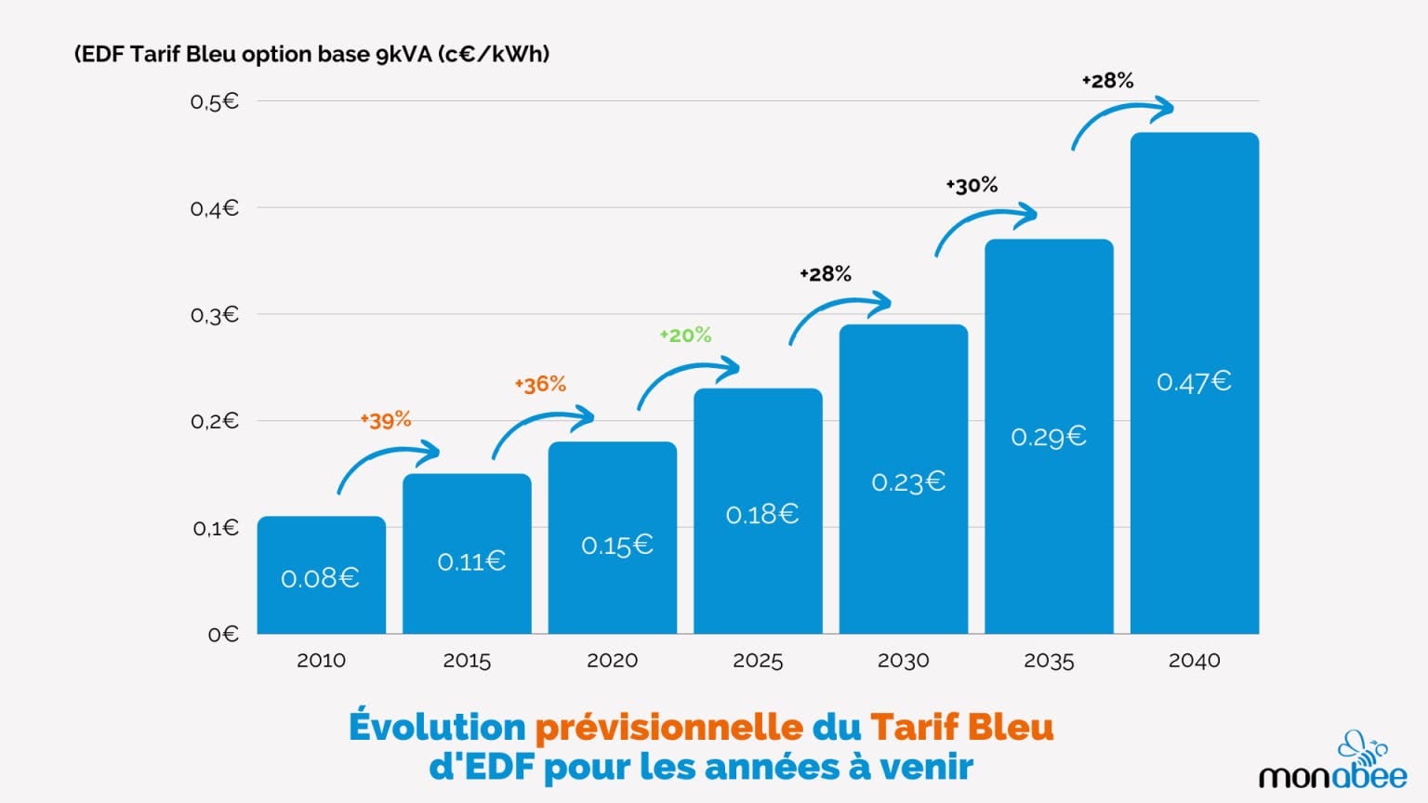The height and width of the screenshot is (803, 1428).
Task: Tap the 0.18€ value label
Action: pyautogui.click(x=761, y=514)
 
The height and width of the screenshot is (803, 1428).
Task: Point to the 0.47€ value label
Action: pyautogui.click(x=1194, y=382)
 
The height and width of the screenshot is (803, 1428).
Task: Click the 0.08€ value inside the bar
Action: pyautogui.click(x=320, y=578)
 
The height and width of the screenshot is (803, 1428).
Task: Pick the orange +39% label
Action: pyautogui.click(x=386, y=420)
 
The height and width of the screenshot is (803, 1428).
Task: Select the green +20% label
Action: pyautogui.click(x=685, y=335)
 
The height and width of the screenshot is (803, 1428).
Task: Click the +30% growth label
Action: pyautogui.click(x=972, y=186)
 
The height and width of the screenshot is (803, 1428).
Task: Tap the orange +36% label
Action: pyautogui.click(x=540, y=384)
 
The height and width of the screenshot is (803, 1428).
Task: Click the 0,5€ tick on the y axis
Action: pyautogui.click(x=214, y=101)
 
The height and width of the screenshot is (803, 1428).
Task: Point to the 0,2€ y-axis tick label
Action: pyautogui.click(x=214, y=421)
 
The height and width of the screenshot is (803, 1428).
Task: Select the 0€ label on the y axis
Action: pyautogui.click(x=223, y=635)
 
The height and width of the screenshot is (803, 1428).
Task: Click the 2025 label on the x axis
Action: pyautogui.click(x=758, y=661)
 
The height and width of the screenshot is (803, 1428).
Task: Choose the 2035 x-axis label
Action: pyautogui.click(x=1049, y=661)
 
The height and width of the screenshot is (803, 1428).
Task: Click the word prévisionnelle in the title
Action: pyautogui.click(x=668, y=727)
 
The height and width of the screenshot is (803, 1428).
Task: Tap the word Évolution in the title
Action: pyautogui.click(x=437, y=727)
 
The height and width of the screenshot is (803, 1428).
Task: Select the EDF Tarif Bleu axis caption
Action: pyautogui.click(x=311, y=54)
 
